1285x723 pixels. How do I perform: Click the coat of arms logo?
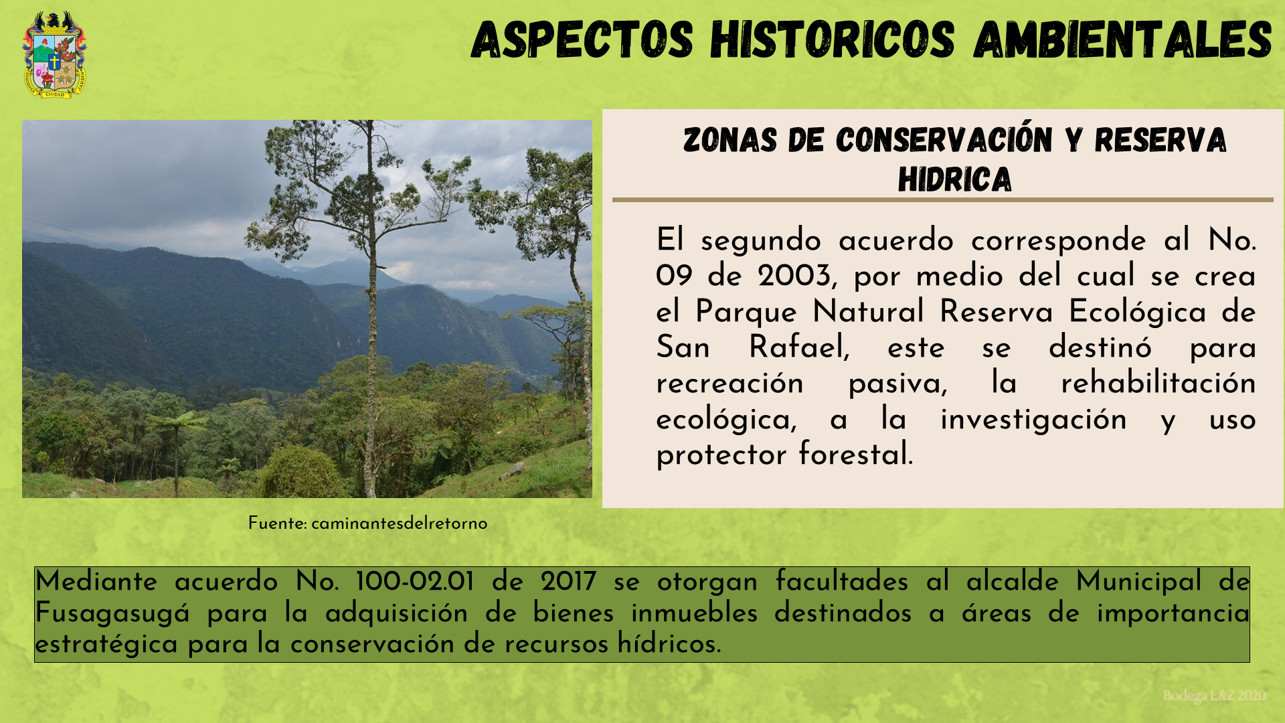click(54, 55)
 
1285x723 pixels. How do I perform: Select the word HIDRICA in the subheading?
click(954, 179)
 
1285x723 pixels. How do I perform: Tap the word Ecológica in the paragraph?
click(1137, 312)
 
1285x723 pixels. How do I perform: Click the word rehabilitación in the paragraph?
click(1158, 383)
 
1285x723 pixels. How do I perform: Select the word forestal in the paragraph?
click(855, 454)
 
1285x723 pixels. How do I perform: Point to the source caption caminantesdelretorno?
click(399, 524)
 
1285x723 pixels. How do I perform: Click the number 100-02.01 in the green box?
click(415, 581)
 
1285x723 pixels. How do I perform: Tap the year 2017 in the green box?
click(568, 581)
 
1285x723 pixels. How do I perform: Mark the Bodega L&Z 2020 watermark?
click(1214, 696)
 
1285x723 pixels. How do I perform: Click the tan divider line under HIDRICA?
click(942, 199)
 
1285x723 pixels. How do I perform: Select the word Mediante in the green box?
click(96, 581)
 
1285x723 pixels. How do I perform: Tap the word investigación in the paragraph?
click(1033, 420)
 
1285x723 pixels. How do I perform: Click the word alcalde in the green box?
click(1012, 581)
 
